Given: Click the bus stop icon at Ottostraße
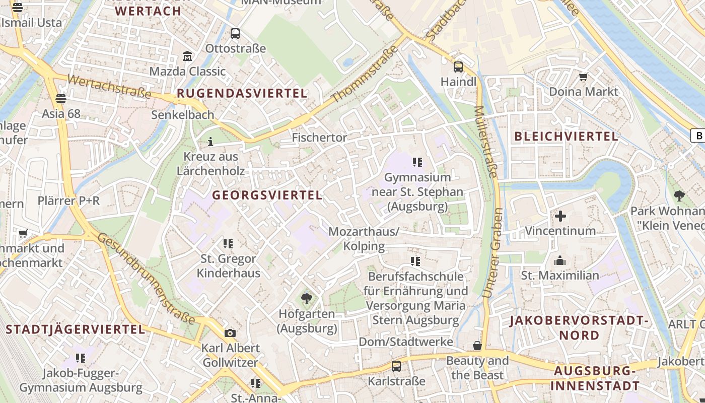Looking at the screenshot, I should (235, 34).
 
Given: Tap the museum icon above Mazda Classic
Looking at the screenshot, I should (187, 56).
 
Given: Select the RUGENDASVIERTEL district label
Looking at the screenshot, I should (242, 93).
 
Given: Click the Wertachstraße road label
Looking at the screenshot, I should (109, 86).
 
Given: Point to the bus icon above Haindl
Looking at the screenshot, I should (458, 66).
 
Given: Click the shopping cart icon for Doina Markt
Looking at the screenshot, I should (583, 77).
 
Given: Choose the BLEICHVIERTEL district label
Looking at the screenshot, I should (566, 136).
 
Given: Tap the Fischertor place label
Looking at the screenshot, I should (320, 138).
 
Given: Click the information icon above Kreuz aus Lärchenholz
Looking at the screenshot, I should (210, 142).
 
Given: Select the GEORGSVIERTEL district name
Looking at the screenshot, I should (267, 195).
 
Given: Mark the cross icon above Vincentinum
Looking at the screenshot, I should (560, 216).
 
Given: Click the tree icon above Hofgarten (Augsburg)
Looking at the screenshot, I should (306, 299).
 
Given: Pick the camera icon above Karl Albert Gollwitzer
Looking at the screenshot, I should (230, 333).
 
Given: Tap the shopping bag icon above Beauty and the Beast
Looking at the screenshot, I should (477, 346).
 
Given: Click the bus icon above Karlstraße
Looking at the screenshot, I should (396, 366).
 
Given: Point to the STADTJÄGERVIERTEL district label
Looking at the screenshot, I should (76, 329).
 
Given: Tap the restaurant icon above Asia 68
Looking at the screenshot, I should (61, 98).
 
